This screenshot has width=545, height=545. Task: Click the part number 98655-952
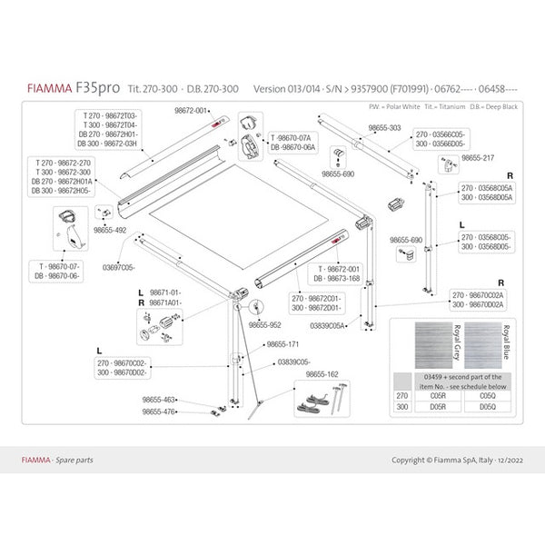point(263,323)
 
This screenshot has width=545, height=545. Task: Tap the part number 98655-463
point(158,399)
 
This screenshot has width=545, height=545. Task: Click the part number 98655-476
point(158,411)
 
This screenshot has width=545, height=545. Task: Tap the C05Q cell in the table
point(487,396)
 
